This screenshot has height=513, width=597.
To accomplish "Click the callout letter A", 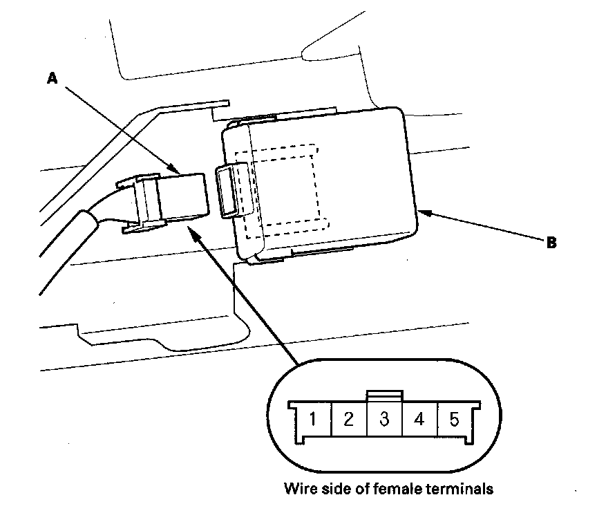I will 51,80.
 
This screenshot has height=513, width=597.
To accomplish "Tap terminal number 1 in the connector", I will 313,419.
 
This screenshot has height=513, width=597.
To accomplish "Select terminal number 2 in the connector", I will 349,419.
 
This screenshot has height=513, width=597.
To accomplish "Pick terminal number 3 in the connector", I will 384,419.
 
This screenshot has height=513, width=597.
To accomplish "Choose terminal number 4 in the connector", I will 419,419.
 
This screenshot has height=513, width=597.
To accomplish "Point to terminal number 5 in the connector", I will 454,419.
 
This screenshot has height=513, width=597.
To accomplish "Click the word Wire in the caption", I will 298,489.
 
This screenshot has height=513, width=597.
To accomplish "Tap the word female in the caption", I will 385,489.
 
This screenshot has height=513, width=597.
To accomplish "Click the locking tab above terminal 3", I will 384,395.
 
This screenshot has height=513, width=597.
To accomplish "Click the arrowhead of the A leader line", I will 176,169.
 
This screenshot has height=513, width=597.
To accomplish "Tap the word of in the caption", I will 359,489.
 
